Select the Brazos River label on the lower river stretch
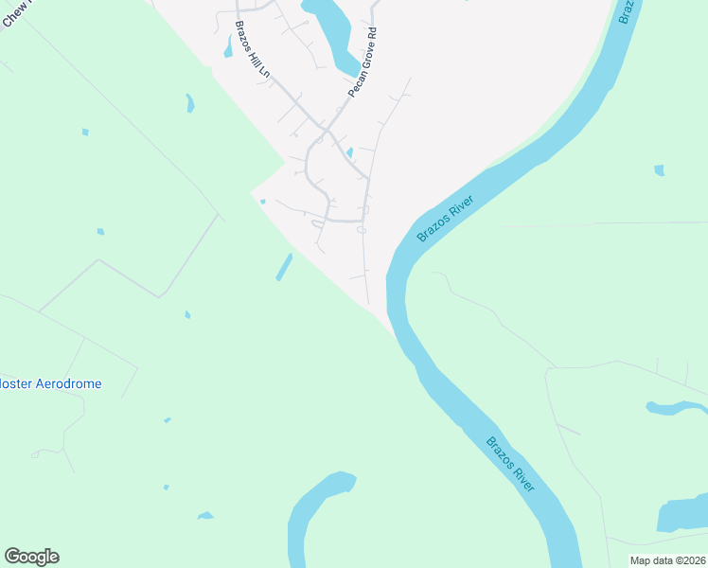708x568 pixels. pyautogui.click(x=511, y=463)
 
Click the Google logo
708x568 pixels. pyautogui.click(x=31, y=557)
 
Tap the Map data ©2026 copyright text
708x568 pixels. pyautogui.click(x=667, y=560)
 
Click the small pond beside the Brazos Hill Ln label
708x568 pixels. pyautogui.click(x=228, y=45)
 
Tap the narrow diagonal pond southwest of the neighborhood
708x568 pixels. pyautogui.click(x=284, y=267)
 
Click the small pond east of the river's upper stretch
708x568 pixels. pyautogui.click(x=659, y=170)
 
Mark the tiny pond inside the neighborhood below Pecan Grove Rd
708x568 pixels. pyautogui.click(x=349, y=152)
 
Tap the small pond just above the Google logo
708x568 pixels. pyautogui.click(x=204, y=516)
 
